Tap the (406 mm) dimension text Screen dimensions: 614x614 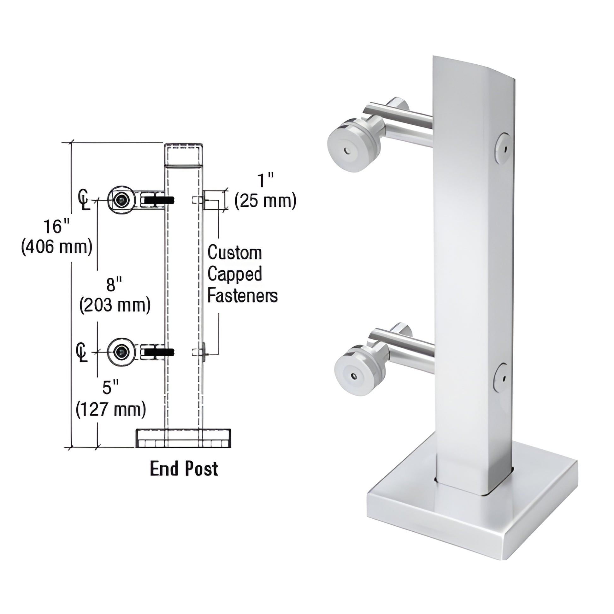pyautogui.click(x=57, y=247)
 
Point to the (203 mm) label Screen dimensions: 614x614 pyautogui.click(x=115, y=305)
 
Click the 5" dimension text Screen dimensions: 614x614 pyautogui.click(x=110, y=388)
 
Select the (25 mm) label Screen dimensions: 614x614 pyautogui.click(x=265, y=201)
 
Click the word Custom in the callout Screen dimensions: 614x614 pyautogui.click(x=234, y=253)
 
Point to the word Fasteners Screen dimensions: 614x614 pyautogui.click(x=242, y=296)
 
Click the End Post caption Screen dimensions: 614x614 pyautogui.click(x=184, y=469)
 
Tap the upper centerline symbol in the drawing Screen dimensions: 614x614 pyautogui.click(x=84, y=200)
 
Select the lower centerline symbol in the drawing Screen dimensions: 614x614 pyautogui.click(x=82, y=352)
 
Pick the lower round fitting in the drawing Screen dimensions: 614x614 pyautogui.click(x=121, y=352)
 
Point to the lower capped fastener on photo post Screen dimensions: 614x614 pyautogui.click(x=502, y=377)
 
